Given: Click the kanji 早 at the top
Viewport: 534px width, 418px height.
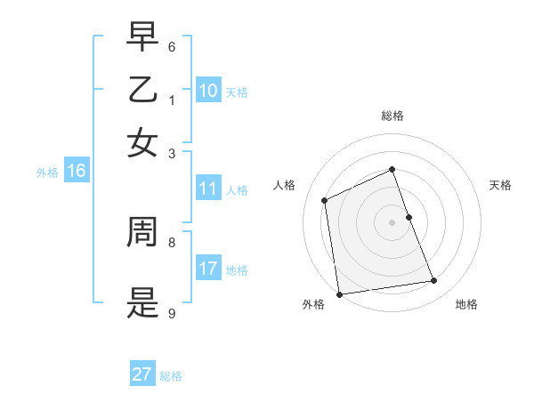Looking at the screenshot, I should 142,36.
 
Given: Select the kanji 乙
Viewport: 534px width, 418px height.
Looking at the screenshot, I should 142,90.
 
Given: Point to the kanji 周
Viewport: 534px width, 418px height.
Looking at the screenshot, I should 142,233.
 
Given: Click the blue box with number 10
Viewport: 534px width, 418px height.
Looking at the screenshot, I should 207,91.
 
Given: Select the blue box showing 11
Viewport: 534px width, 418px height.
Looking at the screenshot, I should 207,189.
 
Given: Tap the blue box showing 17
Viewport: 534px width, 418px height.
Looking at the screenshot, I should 207,269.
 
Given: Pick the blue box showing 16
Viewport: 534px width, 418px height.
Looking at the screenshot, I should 77,171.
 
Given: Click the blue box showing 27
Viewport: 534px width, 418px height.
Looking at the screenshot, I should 142,374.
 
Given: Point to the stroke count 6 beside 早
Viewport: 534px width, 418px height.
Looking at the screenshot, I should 172,45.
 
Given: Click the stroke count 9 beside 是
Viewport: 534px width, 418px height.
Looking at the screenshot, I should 172,312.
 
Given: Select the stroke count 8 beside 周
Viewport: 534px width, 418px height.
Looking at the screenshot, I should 172,241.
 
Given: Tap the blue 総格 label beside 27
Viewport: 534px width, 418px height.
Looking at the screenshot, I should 171,376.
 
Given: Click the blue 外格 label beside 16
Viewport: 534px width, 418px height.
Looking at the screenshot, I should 47,173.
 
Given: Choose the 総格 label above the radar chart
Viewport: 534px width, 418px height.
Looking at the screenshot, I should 392,116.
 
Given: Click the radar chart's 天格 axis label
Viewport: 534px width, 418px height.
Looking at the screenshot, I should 500,185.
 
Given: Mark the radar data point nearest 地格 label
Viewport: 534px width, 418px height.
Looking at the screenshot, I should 434,281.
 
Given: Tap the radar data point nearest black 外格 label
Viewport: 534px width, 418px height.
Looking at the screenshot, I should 339,294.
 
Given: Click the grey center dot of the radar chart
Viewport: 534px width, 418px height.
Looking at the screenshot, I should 392,221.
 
